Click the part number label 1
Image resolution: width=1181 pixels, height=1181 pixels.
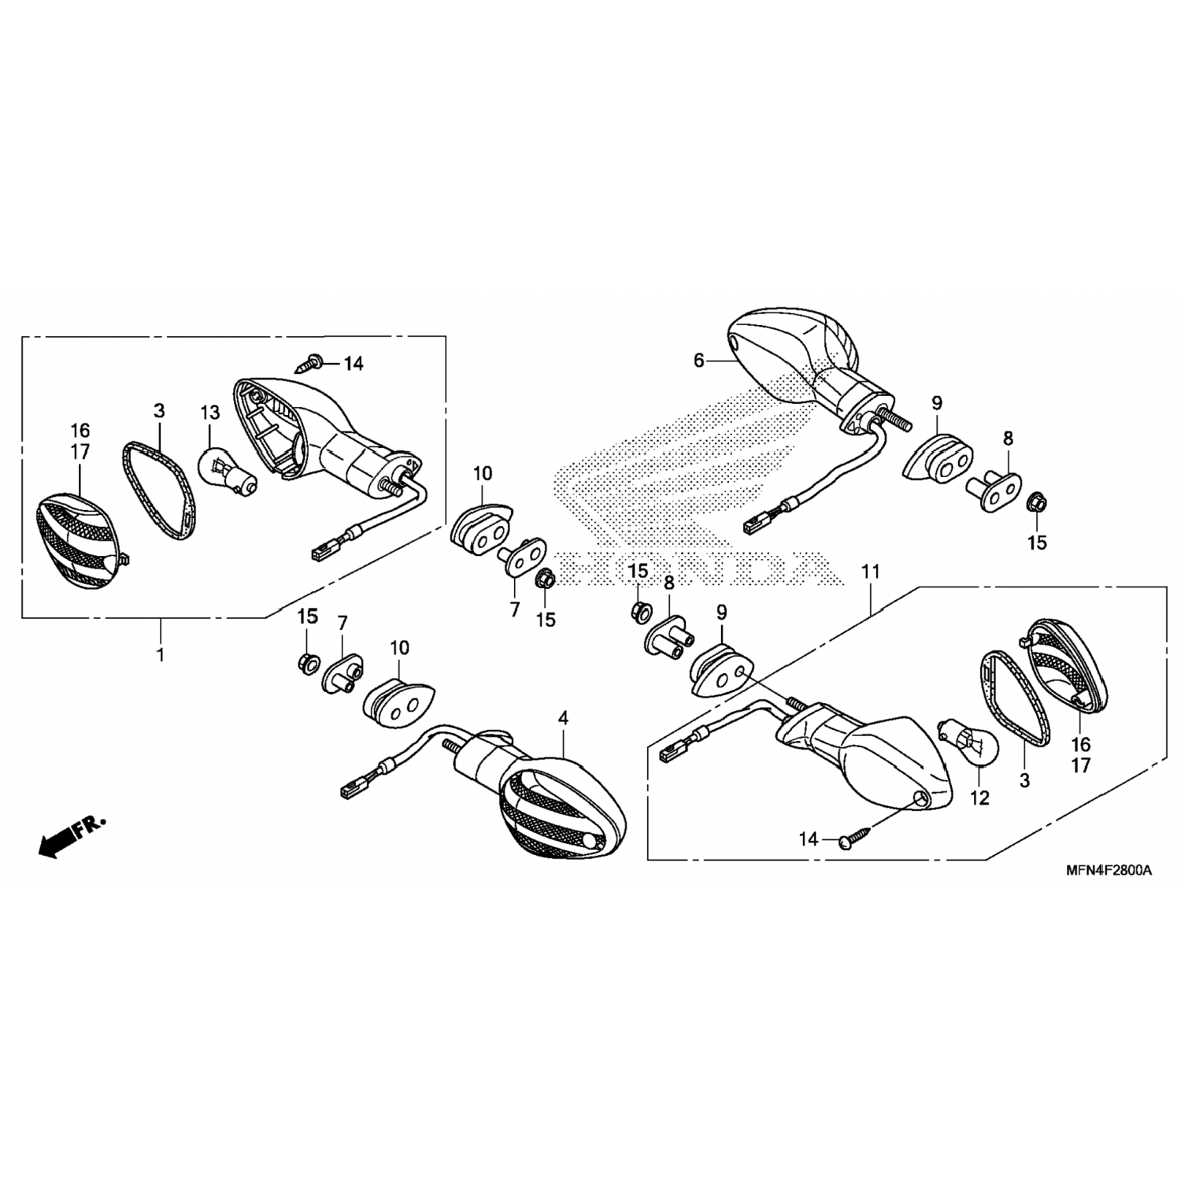[161, 655]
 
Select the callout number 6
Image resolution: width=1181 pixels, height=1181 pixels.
[698, 361]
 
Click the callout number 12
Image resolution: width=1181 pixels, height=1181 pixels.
[979, 798]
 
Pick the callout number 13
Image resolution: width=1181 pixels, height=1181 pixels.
[209, 413]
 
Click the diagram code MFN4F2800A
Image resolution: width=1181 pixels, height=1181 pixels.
[1109, 870]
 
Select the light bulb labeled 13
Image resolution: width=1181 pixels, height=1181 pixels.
[228, 471]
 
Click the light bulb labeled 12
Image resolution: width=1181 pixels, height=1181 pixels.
[970, 739]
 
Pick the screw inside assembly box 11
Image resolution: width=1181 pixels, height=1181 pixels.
[855, 835]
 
